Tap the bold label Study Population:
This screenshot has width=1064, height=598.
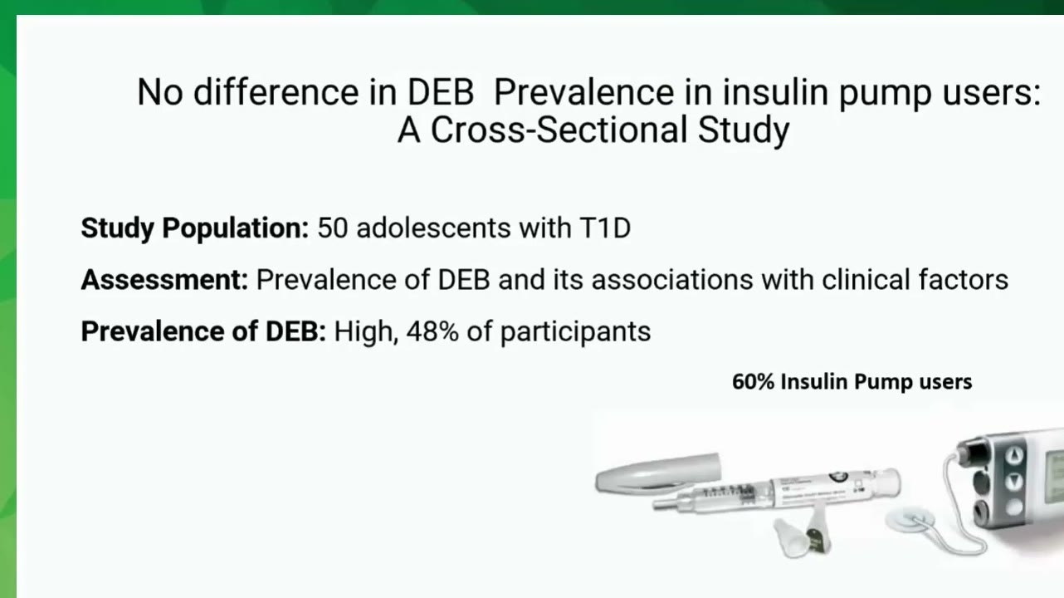(x=195, y=228)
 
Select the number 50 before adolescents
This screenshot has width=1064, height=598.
(x=333, y=228)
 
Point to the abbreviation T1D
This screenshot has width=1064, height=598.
(x=605, y=228)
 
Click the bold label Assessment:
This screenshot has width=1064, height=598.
(x=164, y=280)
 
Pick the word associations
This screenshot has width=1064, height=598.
(x=672, y=280)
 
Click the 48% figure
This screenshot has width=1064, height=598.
(x=432, y=331)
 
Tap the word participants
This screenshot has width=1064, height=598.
(x=576, y=332)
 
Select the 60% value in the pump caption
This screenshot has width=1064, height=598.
(x=754, y=382)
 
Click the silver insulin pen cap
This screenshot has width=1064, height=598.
(x=658, y=472)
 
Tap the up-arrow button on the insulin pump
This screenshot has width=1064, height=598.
(x=1014, y=456)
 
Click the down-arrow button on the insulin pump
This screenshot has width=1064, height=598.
(x=1013, y=481)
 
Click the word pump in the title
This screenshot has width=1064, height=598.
(x=886, y=92)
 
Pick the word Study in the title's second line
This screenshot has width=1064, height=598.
(x=744, y=130)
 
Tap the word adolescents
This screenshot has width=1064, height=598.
(x=434, y=228)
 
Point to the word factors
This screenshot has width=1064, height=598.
(x=964, y=280)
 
